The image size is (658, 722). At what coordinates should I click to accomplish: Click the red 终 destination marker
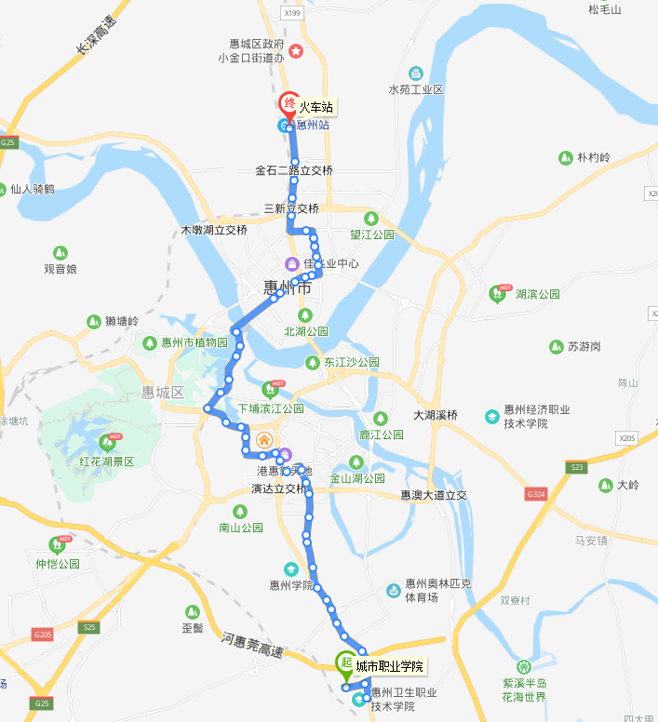point(289,103)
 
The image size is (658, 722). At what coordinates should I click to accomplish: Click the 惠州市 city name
point(287,288)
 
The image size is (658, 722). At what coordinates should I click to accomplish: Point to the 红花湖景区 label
point(107,461)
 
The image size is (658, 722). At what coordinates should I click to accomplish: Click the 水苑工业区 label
point(416,89)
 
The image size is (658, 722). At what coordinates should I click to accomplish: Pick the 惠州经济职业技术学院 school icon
point(491,416)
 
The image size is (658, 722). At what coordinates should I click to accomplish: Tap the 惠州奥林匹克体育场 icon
point(395,590)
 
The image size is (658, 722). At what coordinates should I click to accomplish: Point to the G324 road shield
point(535,493)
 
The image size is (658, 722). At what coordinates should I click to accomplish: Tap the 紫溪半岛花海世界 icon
point(525,667)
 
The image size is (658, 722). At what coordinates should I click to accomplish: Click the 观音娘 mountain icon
point(60,252)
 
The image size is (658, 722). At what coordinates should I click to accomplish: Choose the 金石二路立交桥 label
point(294,171)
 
